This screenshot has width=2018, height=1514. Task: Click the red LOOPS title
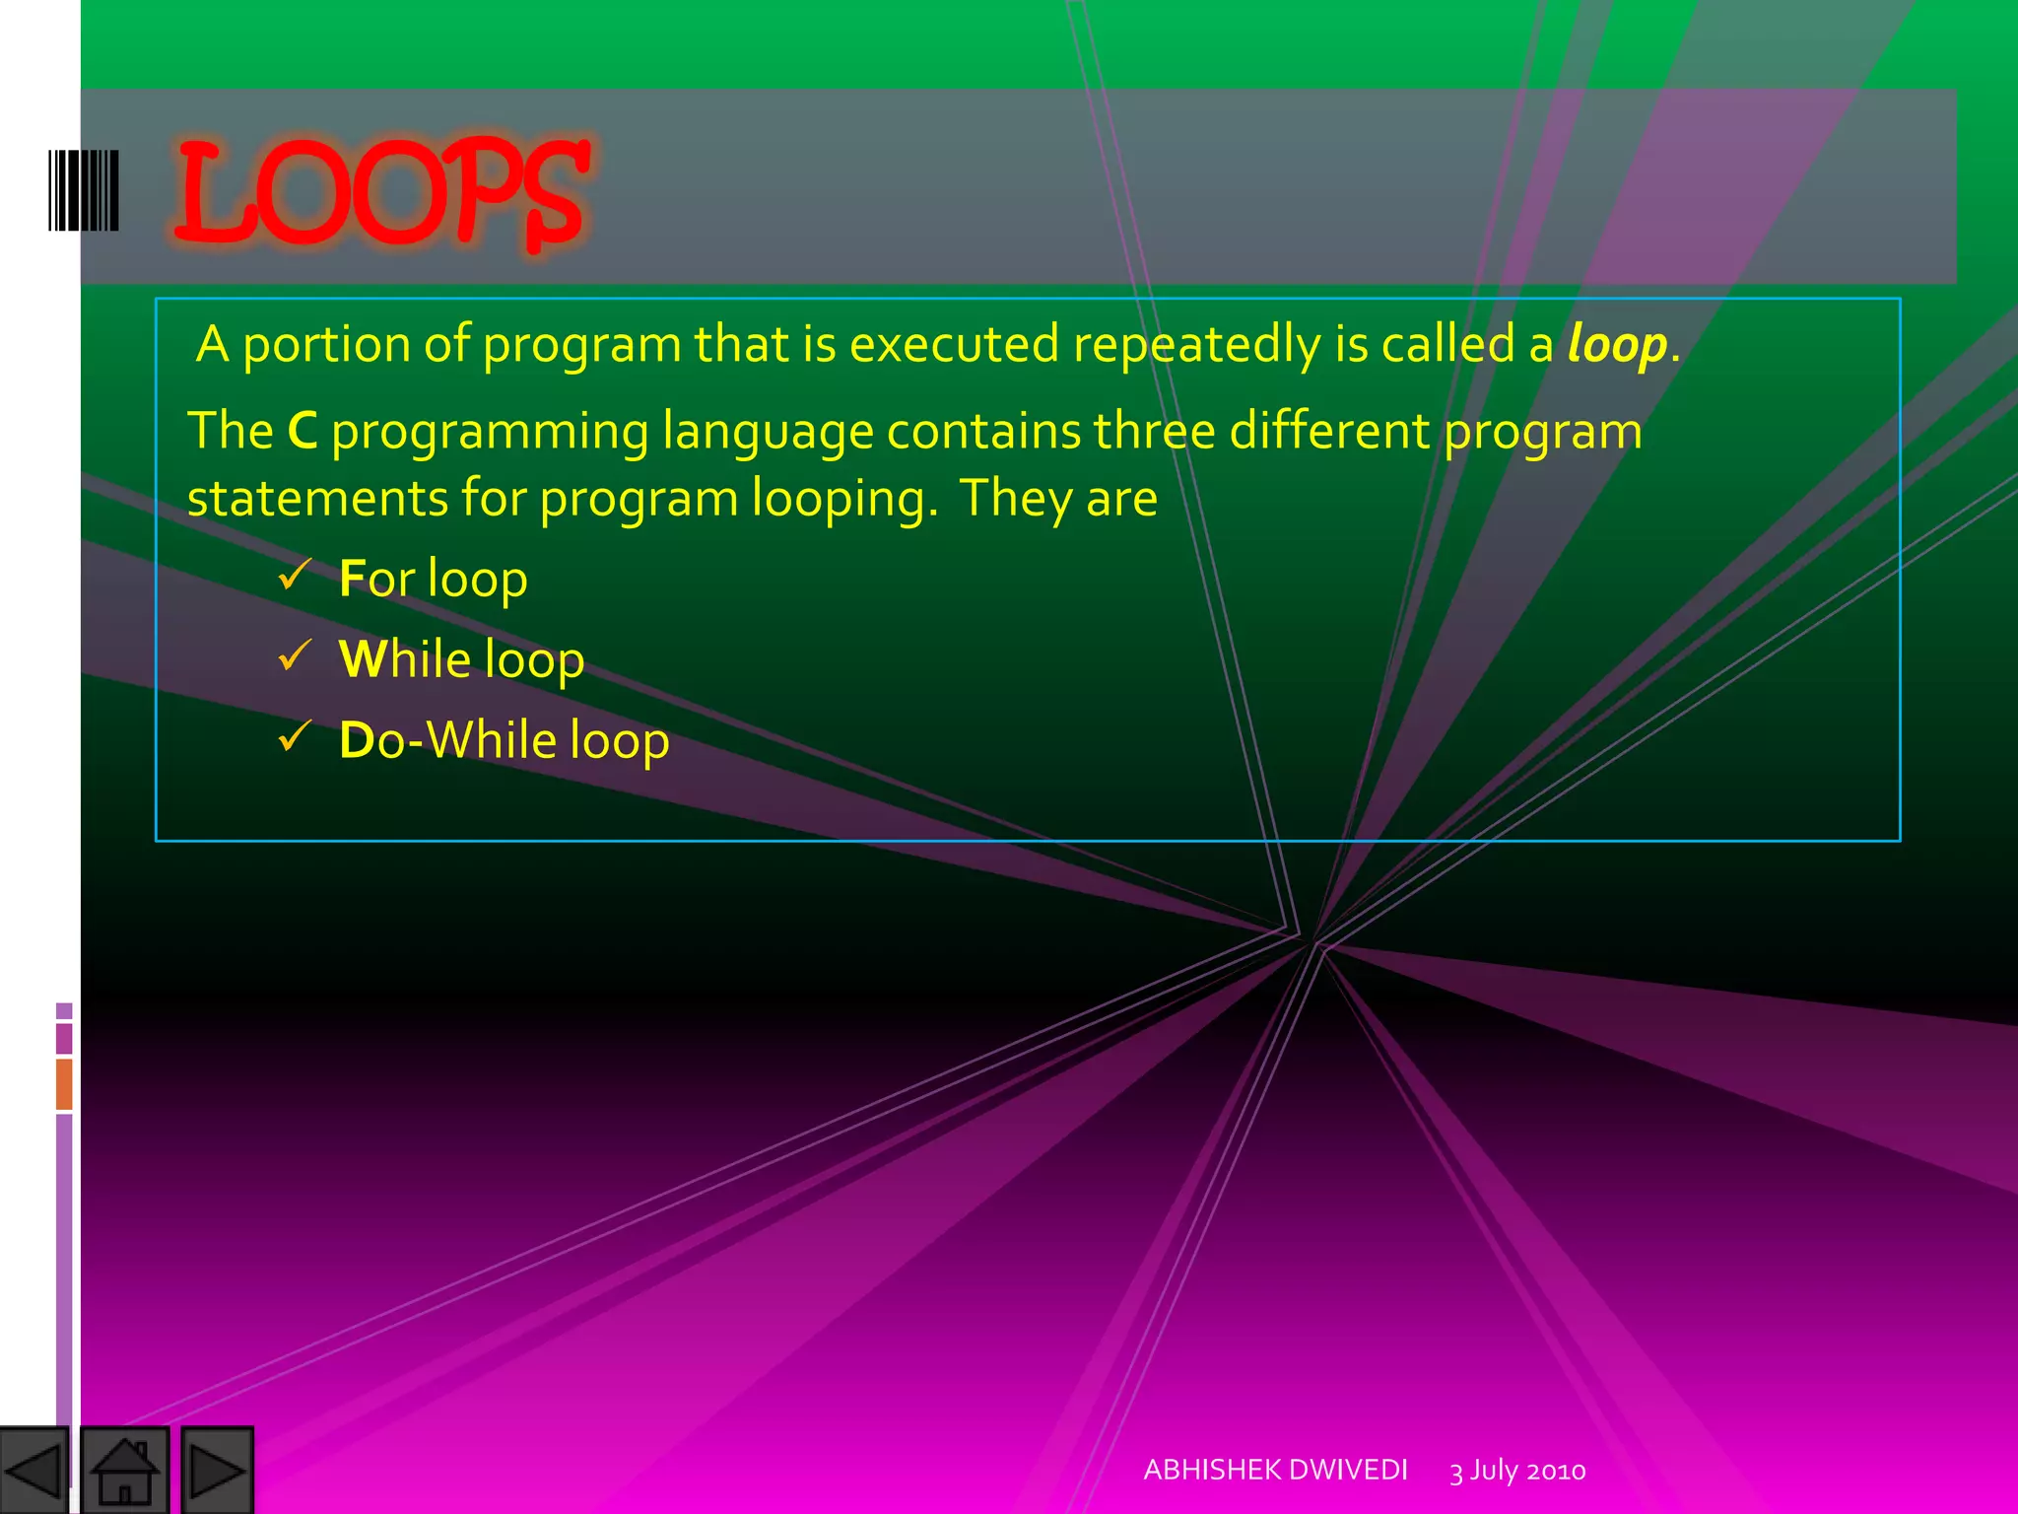point(382,192)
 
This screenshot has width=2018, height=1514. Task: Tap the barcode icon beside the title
point(84,190)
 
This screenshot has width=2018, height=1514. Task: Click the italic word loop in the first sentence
point(1617,345)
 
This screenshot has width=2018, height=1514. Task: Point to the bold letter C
point(303,432)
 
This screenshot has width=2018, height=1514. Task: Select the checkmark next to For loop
point(295,575)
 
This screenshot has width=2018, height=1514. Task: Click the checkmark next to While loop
point(295,654)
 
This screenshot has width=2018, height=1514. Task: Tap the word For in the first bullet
point(376,579)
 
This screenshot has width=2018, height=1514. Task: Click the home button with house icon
point(124,1470)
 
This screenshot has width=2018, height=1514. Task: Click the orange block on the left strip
point(64,1083)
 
